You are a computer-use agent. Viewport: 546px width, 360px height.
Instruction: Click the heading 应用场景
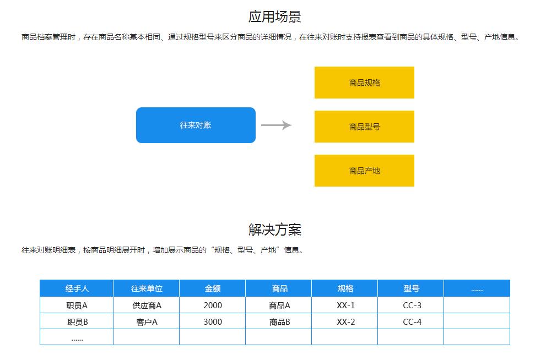click(275, 17)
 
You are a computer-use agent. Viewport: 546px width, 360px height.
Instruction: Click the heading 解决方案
click(275, 230)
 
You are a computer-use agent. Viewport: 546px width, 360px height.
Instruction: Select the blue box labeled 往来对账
click(196, 125)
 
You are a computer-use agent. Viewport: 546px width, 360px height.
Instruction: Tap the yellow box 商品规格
click(364, 83)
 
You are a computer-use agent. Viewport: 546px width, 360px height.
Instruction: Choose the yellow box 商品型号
click(364, 127)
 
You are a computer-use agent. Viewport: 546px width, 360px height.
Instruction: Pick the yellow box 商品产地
click(364, 171)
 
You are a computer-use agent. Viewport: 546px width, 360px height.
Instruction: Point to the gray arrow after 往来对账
click(277, 125)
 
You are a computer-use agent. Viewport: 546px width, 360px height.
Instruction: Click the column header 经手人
click(77, 288)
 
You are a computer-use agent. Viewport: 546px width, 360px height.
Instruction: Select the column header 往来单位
click(146, 288)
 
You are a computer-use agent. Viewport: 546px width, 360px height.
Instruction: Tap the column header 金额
click(213, 288)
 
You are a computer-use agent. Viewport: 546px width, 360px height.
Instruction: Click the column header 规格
click(345, 288)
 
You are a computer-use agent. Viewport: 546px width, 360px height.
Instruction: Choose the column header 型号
click(411, 288)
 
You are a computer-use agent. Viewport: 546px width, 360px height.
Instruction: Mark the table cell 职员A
click(77, 306)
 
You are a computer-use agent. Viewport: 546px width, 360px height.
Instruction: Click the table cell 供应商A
click(146, 306)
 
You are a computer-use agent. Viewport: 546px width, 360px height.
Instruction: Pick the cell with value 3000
click(213, 321)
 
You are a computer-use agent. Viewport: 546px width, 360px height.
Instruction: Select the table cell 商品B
click(279, 321)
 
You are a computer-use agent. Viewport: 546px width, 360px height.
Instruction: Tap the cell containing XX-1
click(345, 306)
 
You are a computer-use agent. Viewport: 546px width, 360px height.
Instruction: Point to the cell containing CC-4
click(411, 321)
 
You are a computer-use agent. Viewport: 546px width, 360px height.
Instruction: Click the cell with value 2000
click(213, 306)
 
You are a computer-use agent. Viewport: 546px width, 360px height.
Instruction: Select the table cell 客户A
click(146, 321)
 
